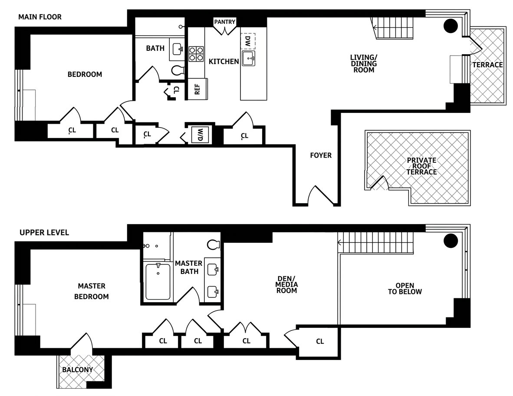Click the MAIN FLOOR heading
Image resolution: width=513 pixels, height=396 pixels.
click(x=40, y=17)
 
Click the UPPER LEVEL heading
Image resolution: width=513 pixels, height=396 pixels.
click(x=44, y=233)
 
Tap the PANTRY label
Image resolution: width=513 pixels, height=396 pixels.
click(x=225, y=22)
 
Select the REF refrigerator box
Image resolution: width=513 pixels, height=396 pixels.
click(x=197, y=89)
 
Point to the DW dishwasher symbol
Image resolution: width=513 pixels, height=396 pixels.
click(x=248, y=42)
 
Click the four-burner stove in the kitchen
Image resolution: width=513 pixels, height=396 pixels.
click(x=196, y=53)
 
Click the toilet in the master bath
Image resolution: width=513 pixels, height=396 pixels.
click(x=214, y=245)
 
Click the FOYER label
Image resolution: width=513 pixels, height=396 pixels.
click(x=321, y=155)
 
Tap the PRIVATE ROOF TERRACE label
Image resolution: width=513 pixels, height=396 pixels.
click(x=421, y=166)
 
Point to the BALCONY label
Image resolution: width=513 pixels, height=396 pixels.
click(x=77, y=370)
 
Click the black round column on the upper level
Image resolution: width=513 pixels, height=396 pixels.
click(x=451, y=240)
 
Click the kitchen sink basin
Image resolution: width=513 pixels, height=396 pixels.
click(x=249, y=59)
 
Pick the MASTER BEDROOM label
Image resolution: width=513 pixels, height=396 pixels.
click(x=92, y=291)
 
